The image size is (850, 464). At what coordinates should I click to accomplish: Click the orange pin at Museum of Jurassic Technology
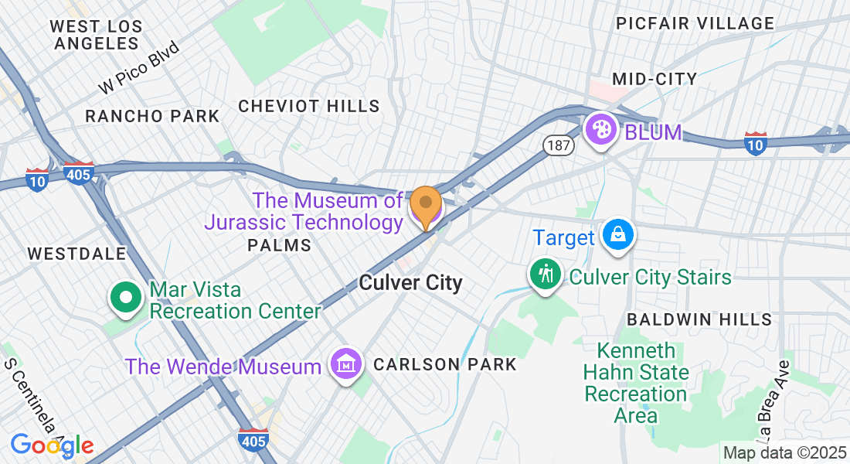pyautogui.click(x=425, y=205)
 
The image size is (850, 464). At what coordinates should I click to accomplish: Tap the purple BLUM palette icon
pyautogui.click(x=600, y=129)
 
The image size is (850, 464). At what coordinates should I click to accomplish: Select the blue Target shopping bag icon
pyautogui.click(x=618, y=235)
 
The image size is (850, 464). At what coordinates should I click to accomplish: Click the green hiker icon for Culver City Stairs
pyautogui.click(x=546, y=275)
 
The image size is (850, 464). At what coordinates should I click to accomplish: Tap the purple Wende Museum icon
pyautogui.click(x=346, y=363)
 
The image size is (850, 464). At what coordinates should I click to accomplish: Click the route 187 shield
pyautogui.click(x=557, y=145)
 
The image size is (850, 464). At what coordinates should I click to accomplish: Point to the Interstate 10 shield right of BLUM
pyautogui.click(x=755, y=144)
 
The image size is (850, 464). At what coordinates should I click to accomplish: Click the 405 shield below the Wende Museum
pyautogui.click(x=253, y=440)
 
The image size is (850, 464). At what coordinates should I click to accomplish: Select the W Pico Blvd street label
pyautogui.click(x=140, y=68)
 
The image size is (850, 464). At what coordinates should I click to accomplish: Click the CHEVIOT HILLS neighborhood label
pyautogui.click(x=309, y=106)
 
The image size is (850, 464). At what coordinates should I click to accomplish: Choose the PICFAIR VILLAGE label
pyautogui.click(x=695, y=23)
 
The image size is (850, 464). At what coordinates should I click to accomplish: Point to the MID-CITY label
pyautogui.click(x=654, y=79)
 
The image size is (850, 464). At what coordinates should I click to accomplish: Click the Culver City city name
pyautogui.click(x=410, y=283)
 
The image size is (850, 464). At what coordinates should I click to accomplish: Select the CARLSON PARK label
pyautogui.click(x=444, y=364)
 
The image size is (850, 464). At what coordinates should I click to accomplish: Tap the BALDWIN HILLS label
pyautogui.click(x=699, y=319)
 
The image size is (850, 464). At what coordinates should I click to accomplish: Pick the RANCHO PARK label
pyautogui.click(x=152, y=116)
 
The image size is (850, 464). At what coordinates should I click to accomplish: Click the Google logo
pyautogui.click(x=52, y=445)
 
